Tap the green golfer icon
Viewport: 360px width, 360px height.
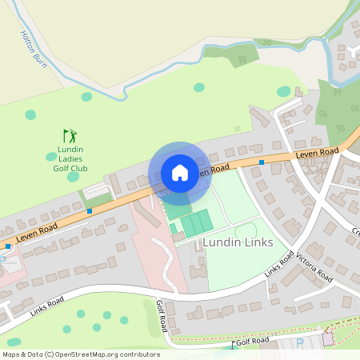click(x=70, y=136)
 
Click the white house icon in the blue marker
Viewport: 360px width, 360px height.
click(x=180, y=173)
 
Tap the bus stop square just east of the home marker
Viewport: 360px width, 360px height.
click(x=262, y=162)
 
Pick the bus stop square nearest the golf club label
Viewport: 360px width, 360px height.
click(x=90, y=211)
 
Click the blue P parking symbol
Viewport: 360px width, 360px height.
click(x=301, y=342)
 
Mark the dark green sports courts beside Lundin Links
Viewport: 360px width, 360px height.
click(x=196, y=222)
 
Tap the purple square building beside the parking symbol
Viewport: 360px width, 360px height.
click(x=328, y=339)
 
